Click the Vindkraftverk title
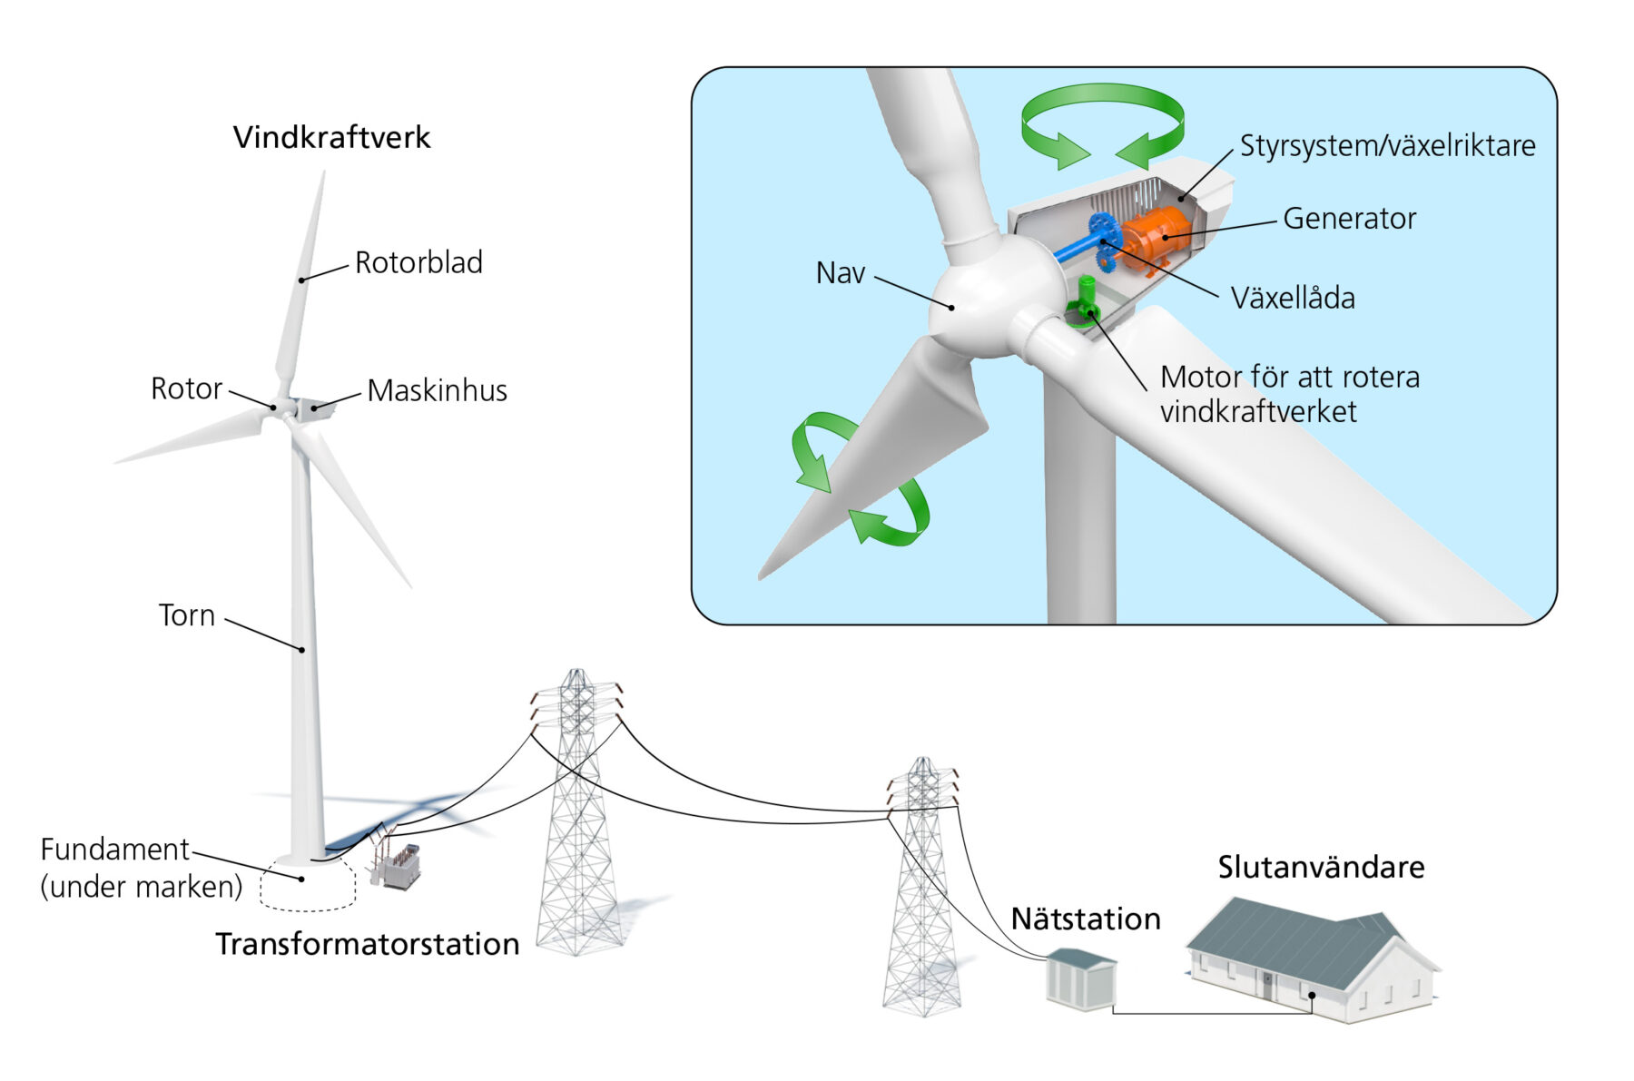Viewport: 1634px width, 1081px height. (331, 138)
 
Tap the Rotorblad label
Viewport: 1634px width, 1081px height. (418, 262)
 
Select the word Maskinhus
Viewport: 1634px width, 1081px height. (437, 390)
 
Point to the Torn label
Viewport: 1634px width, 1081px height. (187, 615)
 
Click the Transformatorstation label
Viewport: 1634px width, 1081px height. (368, 944)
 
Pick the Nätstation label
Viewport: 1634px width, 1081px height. (1086, 919)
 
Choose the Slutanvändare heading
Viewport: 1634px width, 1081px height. (1321, 867)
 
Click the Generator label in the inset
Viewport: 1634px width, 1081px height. (1349, 219)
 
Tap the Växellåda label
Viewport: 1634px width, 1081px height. (1293, 298)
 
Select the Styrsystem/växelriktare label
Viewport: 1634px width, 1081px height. (1388, 145)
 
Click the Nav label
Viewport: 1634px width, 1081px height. (841, 273)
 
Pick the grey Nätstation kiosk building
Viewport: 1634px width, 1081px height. (1081, 978)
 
